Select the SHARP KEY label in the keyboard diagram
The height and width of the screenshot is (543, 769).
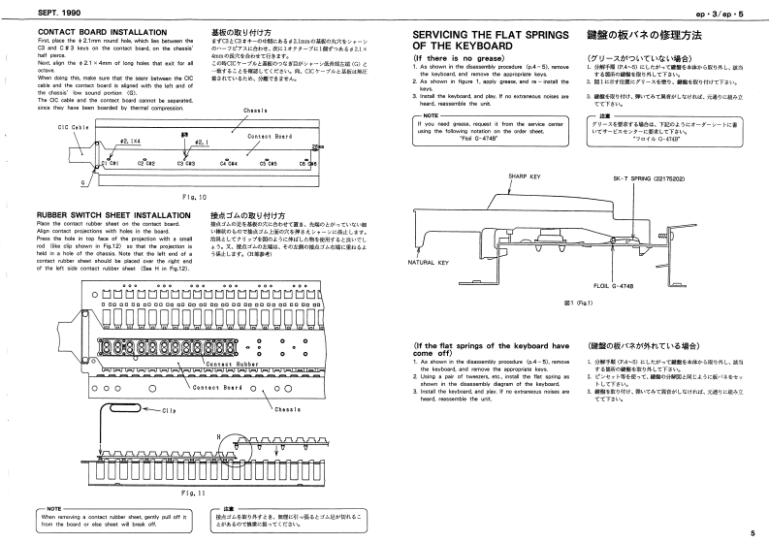(524, 176)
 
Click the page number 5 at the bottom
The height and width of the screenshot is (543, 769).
(752, 532)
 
